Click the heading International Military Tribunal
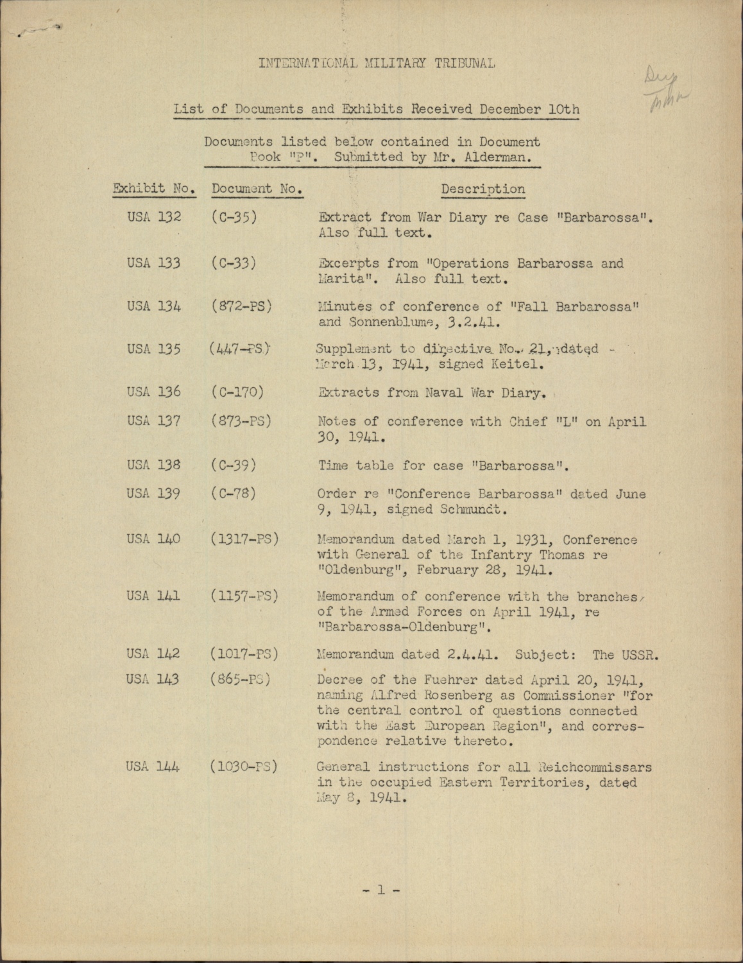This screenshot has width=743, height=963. [x=377, y=63]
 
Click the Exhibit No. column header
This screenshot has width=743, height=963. [x=154, y=189]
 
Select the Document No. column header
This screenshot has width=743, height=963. [x=257, y=189]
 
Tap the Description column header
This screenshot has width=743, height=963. [x=483, y=189]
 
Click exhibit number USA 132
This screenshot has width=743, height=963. [x=154, y=218]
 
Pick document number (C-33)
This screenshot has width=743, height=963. [x=234, y=263]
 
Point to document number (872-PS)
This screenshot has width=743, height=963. [x=241, y=306]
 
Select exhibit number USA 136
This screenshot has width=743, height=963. [x=154, y=392]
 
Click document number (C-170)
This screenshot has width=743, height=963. [x=237, y=392]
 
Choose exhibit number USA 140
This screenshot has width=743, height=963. [x=154, y=539]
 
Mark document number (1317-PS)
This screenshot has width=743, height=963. [x=244, y=539]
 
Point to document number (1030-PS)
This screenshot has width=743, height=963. [x=243, y=767]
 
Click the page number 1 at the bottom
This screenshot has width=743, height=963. [x=380, y=890]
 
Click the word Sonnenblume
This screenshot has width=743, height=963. [x=382, y=322]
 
